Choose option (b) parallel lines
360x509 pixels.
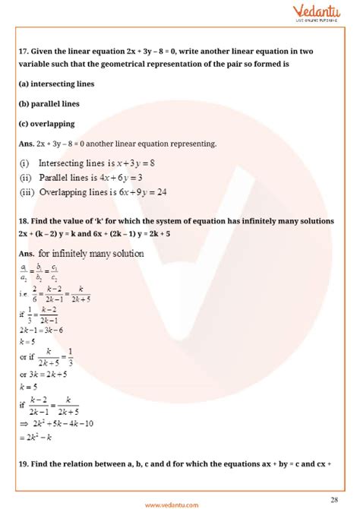click(x=49, y=103)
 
